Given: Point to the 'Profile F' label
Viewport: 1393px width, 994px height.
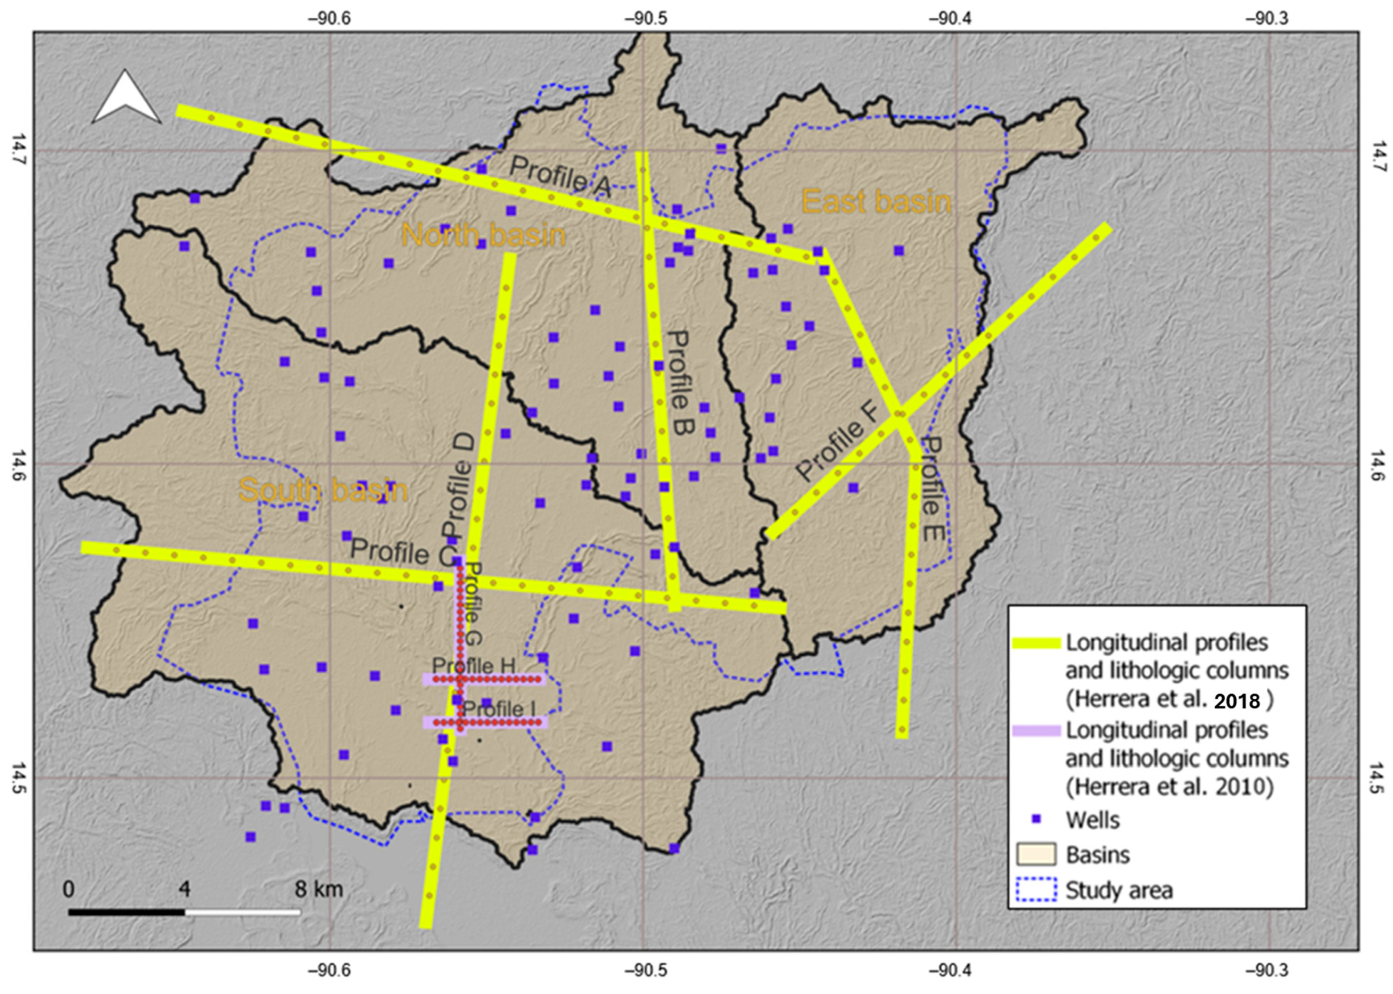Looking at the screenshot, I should (x=837, y=443).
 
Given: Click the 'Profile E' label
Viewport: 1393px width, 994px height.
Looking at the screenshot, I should (x=932, y=488).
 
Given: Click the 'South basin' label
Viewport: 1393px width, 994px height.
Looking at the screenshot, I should (x=323, y=491).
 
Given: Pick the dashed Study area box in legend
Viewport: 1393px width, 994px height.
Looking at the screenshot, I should (x=1036, y=889).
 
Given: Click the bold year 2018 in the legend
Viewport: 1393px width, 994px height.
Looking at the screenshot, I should (x=1237, y=702).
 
